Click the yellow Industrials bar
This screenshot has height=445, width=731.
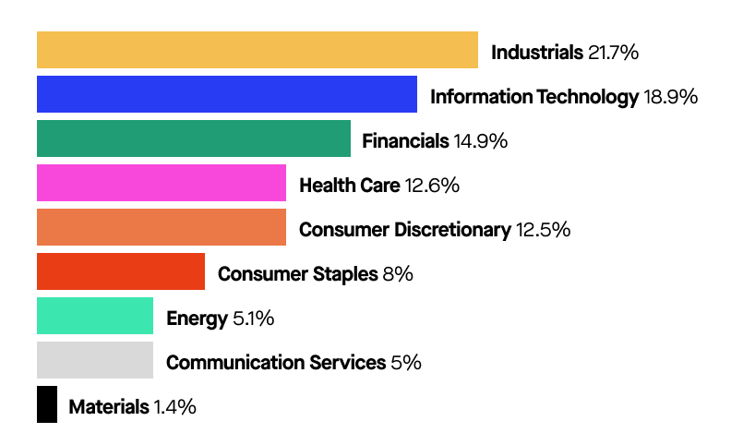(258, 50)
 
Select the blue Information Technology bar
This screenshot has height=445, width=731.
(227, 94)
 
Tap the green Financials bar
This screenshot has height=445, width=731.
(194, 138)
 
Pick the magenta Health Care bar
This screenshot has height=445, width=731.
(162, 183)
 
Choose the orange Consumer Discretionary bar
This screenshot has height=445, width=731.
(162, 227)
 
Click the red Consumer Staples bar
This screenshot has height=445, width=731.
(121, 271)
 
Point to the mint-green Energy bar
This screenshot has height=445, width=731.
(95, 316)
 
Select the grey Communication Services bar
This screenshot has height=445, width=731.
(95, 360)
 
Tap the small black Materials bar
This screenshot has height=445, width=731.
(47, 404)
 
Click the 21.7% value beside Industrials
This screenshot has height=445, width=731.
(613, 53)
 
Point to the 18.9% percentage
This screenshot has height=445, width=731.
(669, 97)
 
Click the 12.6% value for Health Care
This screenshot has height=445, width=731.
(432, 186)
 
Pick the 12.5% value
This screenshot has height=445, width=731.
(542, 230)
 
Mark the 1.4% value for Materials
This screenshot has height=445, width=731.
(174, 407)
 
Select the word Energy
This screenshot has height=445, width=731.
(197, 319)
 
